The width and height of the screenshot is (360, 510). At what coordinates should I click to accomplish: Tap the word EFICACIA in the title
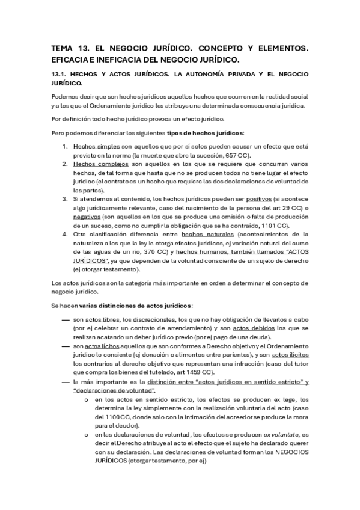point(74,60)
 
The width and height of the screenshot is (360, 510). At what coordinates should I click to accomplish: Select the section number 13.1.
point(61,74)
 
